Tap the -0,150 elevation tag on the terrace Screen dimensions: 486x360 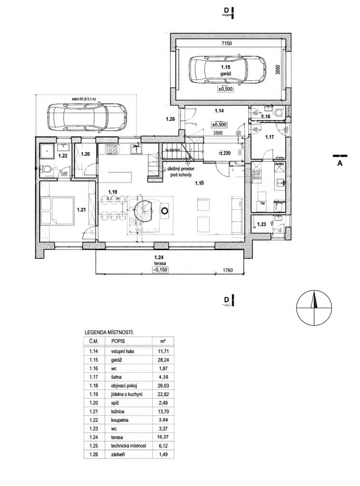pyautogui.click(x=161, y=270)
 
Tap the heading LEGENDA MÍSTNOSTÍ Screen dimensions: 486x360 pyautogui.click(x=108, y=332)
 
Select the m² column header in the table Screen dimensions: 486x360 pyautogui.click(x=162, y=341)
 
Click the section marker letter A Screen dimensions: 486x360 pyautogui.click(x=340, y=163)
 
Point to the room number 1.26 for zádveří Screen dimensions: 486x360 pyautogui.click(x=171, y=118)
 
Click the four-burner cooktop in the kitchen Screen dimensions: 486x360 pyautogui.click(x=112, y=150)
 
